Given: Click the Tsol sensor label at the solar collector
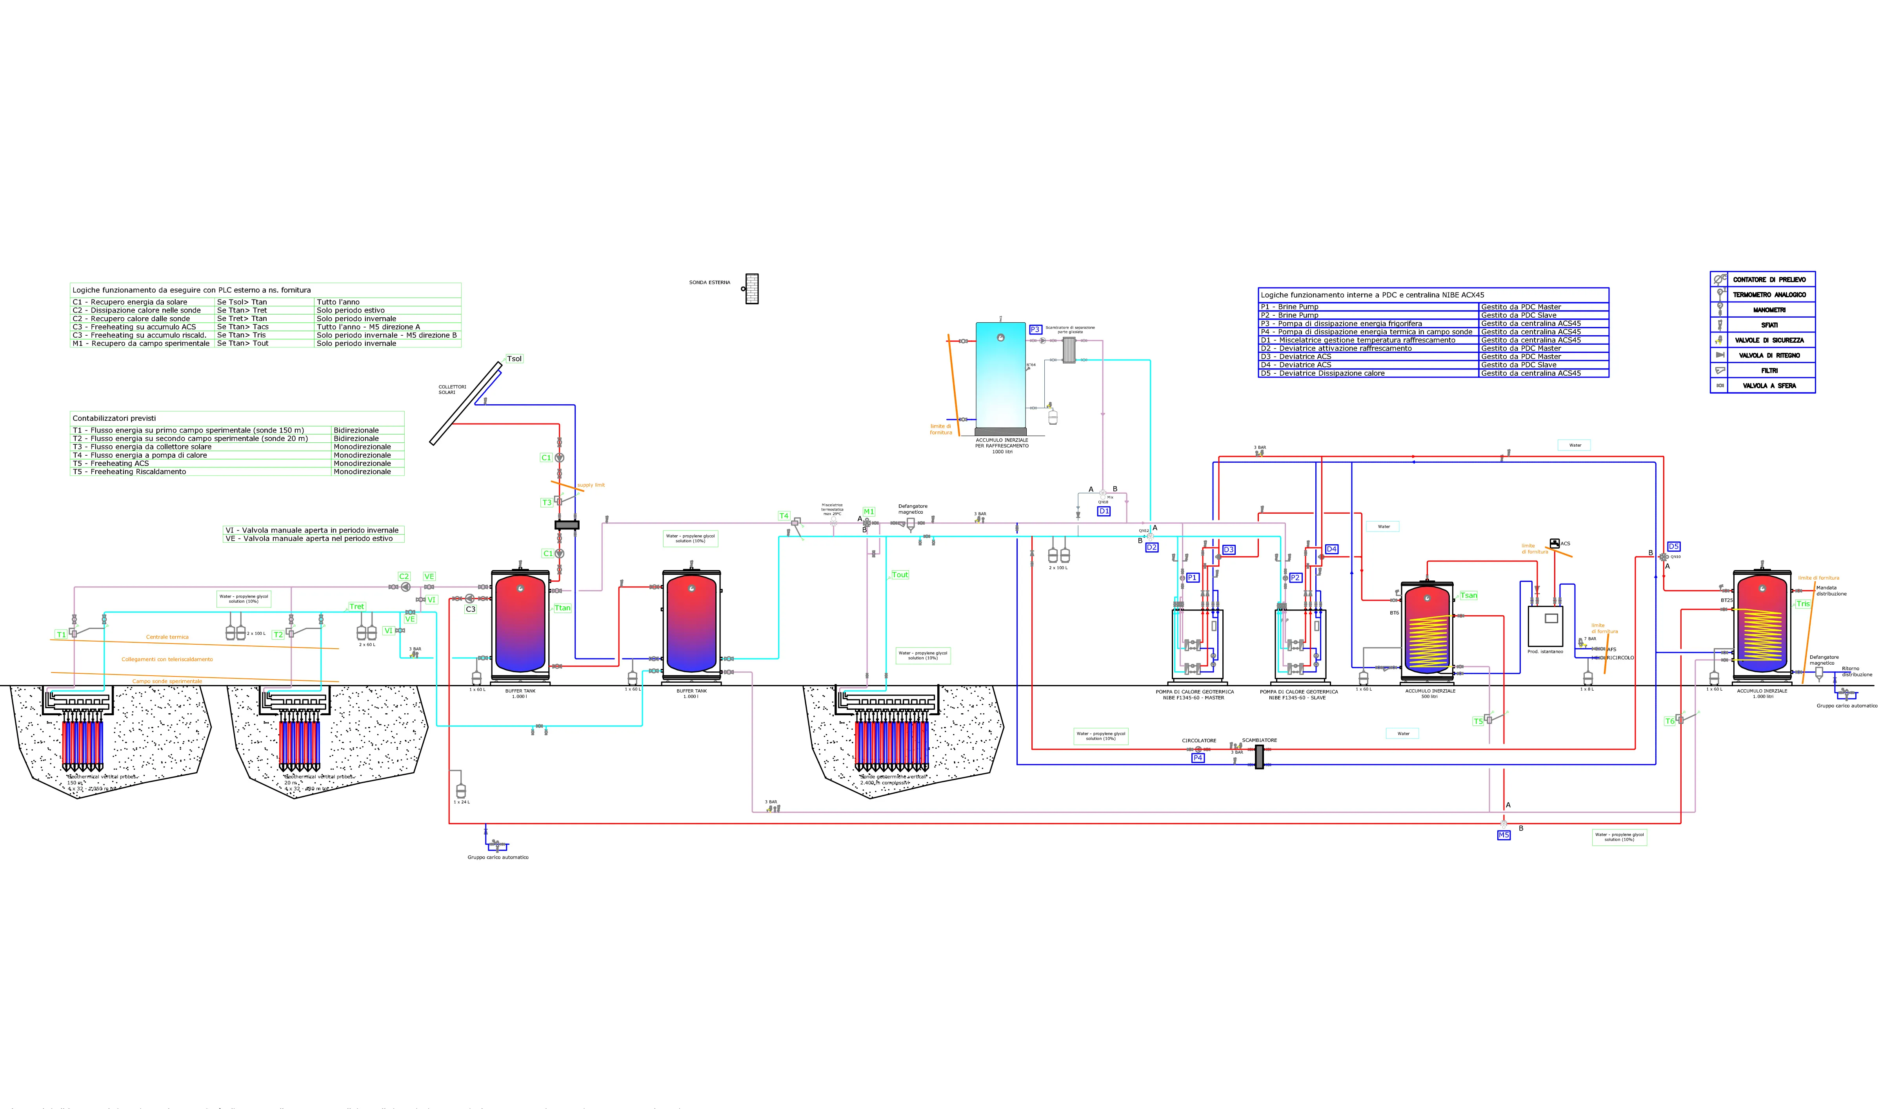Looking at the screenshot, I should click(514, 359).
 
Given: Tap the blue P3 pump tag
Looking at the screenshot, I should click(1035, 329).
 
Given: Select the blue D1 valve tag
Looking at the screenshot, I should click(1104, 511).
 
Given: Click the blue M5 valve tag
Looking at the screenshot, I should click(1503, 835).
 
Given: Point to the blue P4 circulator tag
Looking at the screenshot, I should click(1198, 757).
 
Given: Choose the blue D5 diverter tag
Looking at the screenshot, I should click(1673, 546).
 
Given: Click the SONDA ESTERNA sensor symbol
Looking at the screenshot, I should click(752, 289).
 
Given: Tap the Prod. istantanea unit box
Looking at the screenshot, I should click(1545, 626).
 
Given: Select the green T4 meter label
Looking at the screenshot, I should click(784, 516).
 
